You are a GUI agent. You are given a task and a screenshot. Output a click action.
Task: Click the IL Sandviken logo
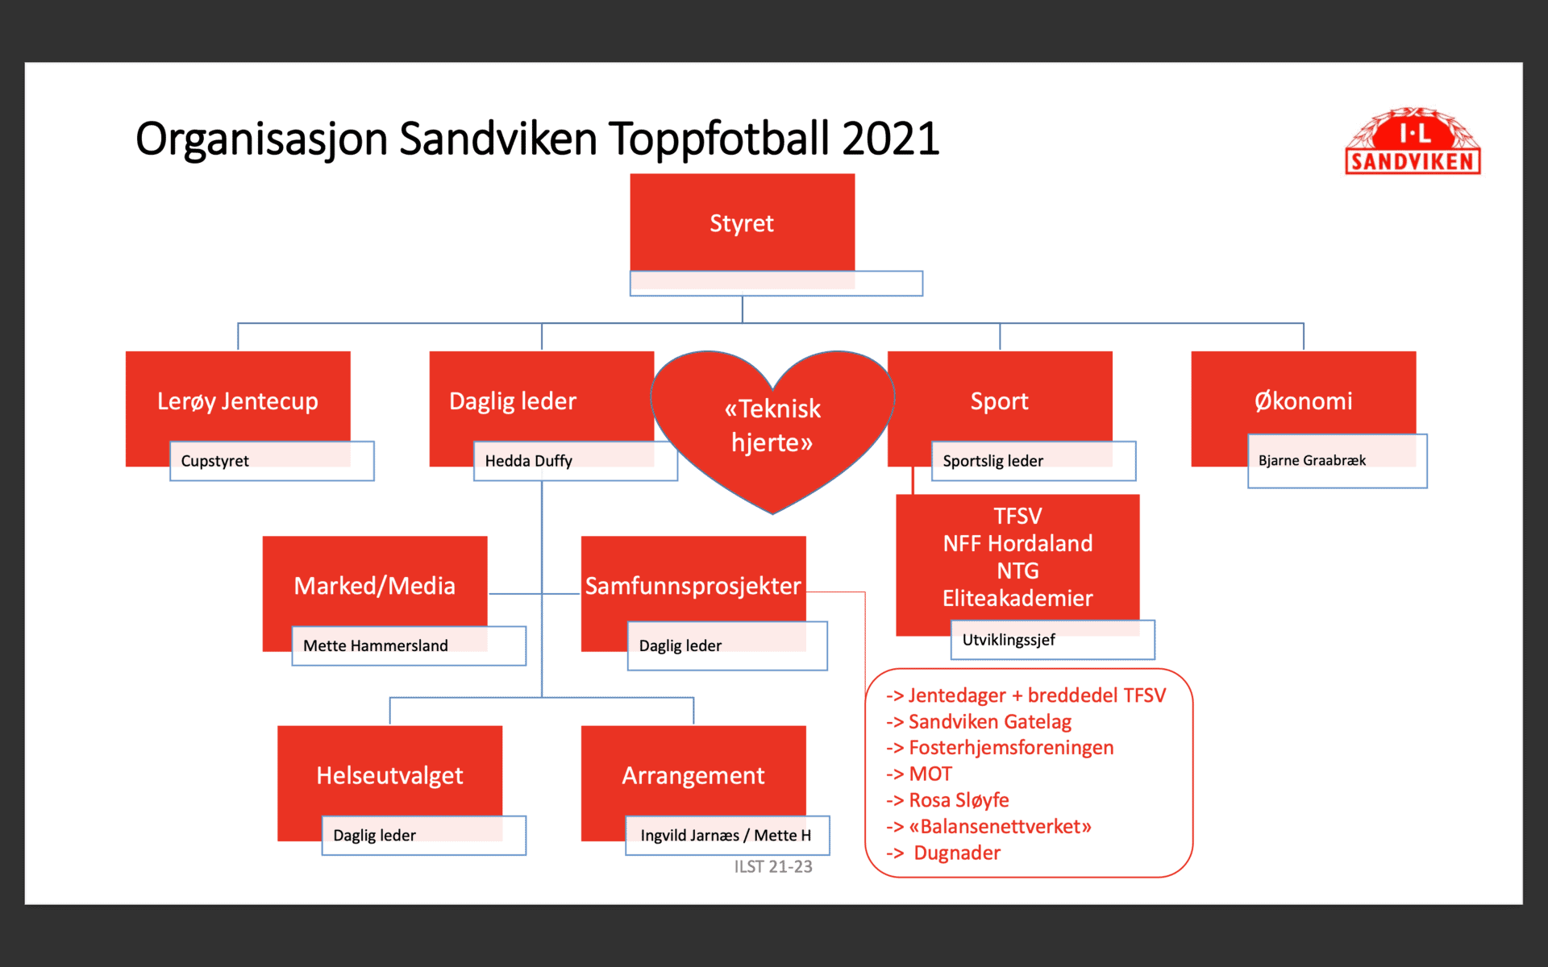(x=1413, y=141)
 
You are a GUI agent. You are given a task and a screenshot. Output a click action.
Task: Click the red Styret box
(x=742, y=222)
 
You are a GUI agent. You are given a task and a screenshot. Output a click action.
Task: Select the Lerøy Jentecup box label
(x=238, y=401)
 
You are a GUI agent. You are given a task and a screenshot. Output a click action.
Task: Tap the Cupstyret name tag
(x=272, y=461)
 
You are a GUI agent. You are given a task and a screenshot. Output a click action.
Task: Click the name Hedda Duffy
(x=528, y=461)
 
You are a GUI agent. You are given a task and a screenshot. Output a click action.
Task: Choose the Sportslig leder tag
(x=1034, y=461)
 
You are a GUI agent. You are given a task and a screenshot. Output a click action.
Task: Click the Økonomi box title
(x=1303, y=400)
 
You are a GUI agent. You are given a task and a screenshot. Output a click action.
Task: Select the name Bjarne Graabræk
(x=1312, y=460)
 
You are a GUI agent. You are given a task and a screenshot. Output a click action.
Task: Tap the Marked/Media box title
(x=374, y=586)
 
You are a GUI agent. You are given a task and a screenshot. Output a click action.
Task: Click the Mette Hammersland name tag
(x=409, y=645)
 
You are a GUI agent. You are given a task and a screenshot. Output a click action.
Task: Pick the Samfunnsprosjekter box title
(x=693, y=586)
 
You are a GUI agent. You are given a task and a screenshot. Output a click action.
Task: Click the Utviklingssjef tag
(x=1053, y=640)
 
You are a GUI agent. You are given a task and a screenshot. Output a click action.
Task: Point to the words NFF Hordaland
(x=1017, y=543)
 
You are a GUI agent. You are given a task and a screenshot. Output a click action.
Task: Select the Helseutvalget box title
(x=389, y=775)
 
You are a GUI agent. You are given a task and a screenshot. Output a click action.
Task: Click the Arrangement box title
(x=693, y=775)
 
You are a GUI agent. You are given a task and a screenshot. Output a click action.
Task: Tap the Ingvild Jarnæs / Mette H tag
(x=727, y=836)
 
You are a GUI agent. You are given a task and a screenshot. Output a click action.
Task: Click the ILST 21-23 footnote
(x=773, y=867)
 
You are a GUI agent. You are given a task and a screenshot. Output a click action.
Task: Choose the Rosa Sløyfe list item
(x=947, y=800)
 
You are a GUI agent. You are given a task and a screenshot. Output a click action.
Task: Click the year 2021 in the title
(x=891, y=139)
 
